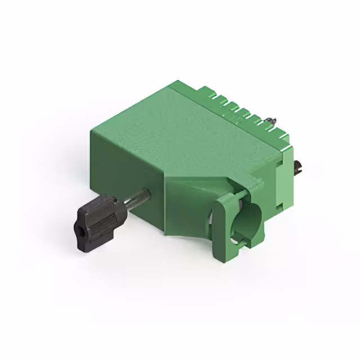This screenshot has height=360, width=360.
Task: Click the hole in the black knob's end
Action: [79, 229]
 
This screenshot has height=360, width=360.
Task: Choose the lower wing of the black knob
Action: [90, 239]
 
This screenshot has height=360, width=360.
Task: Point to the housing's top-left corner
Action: [91, 130]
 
